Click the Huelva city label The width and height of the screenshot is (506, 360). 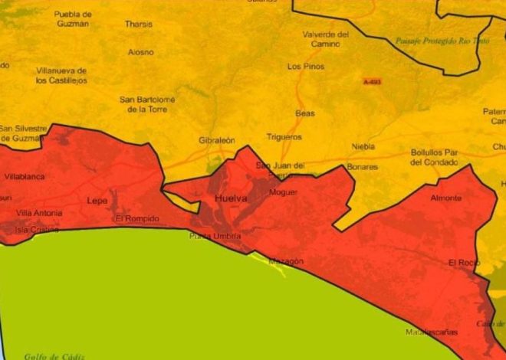[x=229, y=201]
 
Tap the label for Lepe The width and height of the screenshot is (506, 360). [x=97, y=201]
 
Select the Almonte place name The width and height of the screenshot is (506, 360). [x=446, y=198]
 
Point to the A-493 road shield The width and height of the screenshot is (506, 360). [x=372, y=82]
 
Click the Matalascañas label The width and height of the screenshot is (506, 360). [x=432, y=332]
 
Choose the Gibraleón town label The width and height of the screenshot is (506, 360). [x=216, y=141]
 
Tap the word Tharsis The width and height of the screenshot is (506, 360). [x=139, y=24]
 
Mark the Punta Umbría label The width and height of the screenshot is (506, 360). [x=210, y=236]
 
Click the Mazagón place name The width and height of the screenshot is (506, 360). [x=286, y=261]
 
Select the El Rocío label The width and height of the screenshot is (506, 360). [x=464, y=263]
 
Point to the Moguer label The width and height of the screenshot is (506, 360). [x=283, y=192]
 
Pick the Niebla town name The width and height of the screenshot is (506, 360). [x=363, y=146]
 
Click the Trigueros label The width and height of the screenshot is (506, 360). [x=284, y=137]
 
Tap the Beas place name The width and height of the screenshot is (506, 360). [x=305, y=113]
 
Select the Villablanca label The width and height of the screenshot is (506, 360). [x=25, y=177]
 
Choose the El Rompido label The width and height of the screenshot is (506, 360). [x=137, y=219]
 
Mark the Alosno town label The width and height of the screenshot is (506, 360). [x=140, y=52]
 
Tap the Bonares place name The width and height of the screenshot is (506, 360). [x=362, y=166]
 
